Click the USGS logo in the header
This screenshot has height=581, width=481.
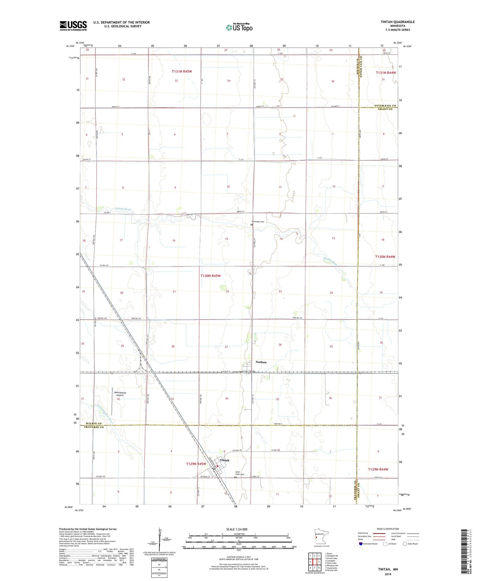click(x=73, y=26)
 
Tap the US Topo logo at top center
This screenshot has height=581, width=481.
click(x=239, y=28)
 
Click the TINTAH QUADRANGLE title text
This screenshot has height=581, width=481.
click(x=397, y=22)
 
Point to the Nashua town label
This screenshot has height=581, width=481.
click(x=261, y=362)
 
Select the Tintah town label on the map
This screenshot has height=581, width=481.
click(x=224, y=460)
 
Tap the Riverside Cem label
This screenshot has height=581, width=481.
click(x=258, y=221)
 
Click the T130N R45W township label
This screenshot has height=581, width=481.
click(x=210, y=276)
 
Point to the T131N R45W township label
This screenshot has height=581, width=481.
click(x=181, y=71)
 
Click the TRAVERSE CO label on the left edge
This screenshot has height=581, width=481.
click(x=94, y=427)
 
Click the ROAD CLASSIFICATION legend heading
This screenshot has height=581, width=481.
click(x=388, y=529)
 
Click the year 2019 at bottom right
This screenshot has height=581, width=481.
click(x=391, y=574)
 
